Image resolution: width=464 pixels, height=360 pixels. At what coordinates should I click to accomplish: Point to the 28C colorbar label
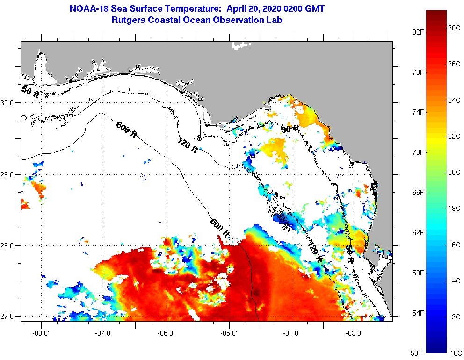(x=454, y=28)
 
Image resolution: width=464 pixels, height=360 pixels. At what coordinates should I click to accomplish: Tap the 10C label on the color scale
(x=454, y=352)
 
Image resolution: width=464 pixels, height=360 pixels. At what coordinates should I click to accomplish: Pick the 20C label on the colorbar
(x=454, y=173)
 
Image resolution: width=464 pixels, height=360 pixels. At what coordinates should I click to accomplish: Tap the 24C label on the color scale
(x=454, y=100)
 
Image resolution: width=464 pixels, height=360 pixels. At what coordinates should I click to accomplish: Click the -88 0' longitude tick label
(x=41, y=333)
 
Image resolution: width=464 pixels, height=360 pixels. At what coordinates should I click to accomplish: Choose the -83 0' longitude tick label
(x=355, y=333)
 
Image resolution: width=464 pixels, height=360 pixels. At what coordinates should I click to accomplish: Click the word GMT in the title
(x=314, y=8)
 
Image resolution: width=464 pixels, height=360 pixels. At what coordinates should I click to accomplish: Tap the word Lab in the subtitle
(x=274, y=20)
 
